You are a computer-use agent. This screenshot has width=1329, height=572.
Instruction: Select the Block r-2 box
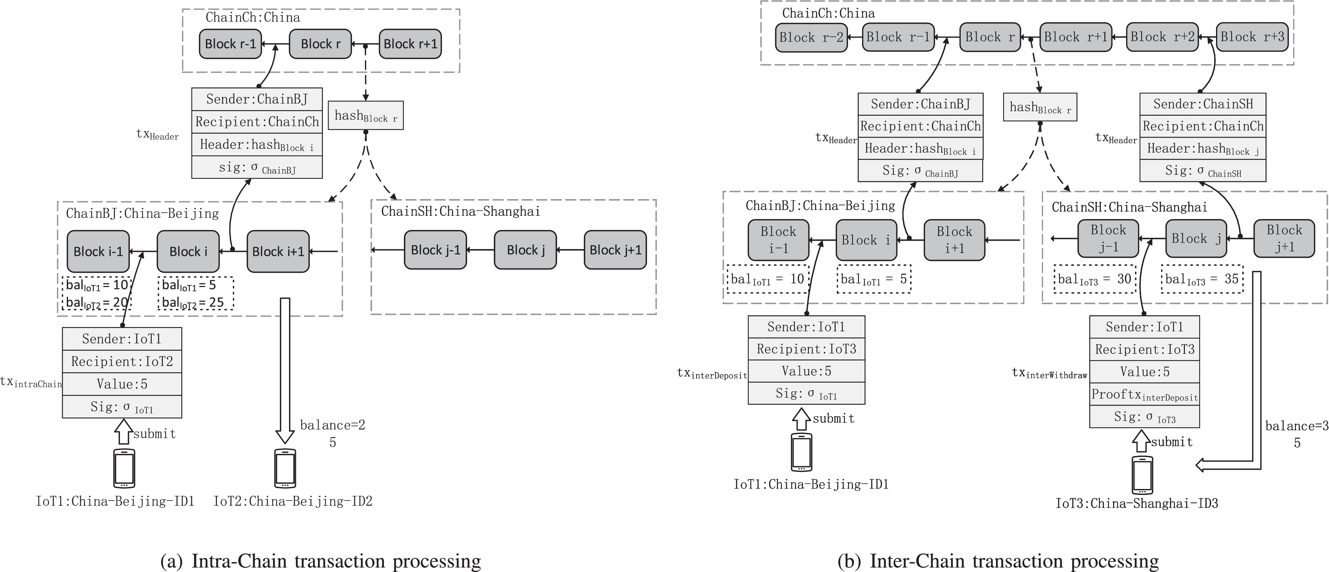coord(811,37)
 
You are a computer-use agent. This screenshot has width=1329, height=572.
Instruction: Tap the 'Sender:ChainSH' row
coord(1203,104)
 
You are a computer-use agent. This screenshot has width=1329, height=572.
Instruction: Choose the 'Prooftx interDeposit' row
coord(1144,394)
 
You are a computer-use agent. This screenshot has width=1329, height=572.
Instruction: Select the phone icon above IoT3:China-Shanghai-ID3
coord(1142,475)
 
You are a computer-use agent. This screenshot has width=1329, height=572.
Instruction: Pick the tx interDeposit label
coord(712,374)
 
